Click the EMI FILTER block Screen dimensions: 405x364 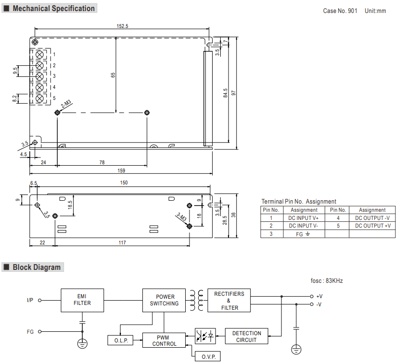click(x=82, y=300)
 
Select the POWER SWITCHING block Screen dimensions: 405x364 click(x=164, y=300)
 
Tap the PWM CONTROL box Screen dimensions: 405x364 click(x=164, y=340)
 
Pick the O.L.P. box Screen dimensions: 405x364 click(x=121, y=340)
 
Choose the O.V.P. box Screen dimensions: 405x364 click(x=208, y=356)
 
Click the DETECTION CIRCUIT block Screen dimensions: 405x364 click(x=247, y=336)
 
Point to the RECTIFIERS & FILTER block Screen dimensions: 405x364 click(x=229, y=300)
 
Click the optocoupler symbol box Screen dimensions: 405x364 click(x=205, y=336)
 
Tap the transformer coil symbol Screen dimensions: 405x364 click(x=197, y=300)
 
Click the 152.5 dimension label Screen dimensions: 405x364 click(x=123, y=26)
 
